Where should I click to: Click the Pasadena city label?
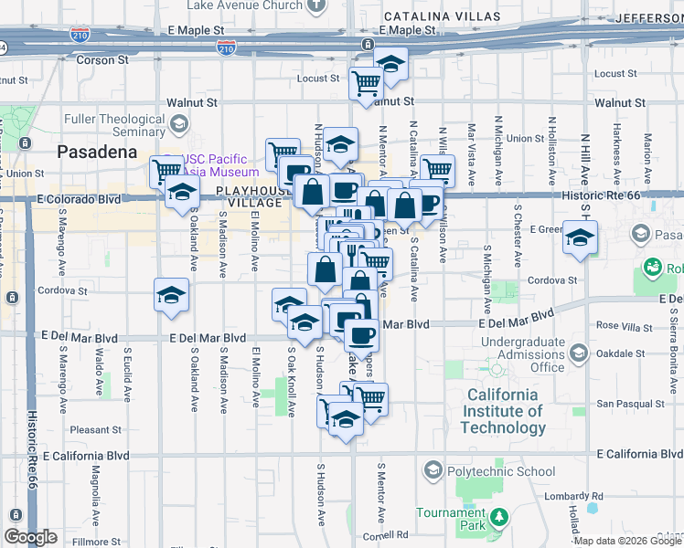pos(97,152)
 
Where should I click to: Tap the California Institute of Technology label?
pos(503,411)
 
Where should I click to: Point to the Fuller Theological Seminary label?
pos(113,125)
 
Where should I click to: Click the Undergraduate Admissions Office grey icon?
pos(578,353)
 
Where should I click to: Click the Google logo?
pos(30,537)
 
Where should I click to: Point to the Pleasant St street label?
pos(96,429)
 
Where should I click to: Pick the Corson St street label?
pos(102,59)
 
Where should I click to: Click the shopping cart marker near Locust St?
pos(366,83)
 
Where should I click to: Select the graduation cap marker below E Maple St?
pos(390,64)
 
